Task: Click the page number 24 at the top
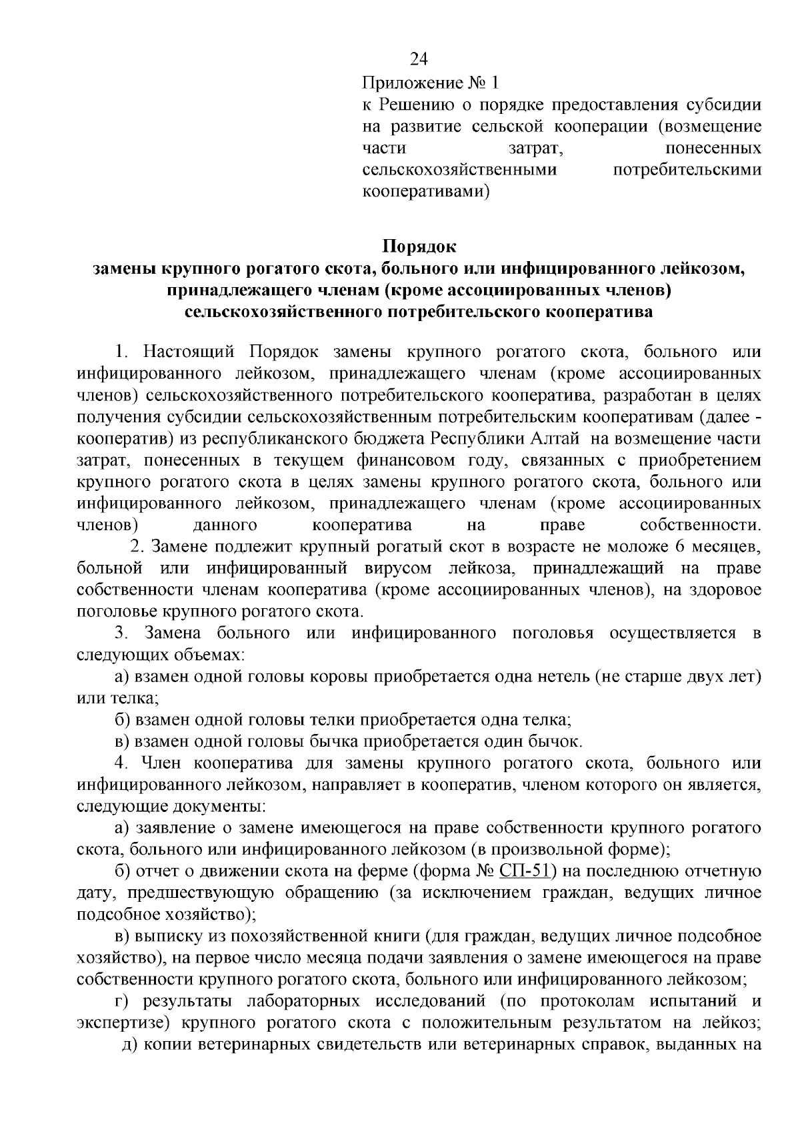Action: tap(418, 60)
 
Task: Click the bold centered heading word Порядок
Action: tap(419, 246)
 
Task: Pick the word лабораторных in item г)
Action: tap(303, 1001)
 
